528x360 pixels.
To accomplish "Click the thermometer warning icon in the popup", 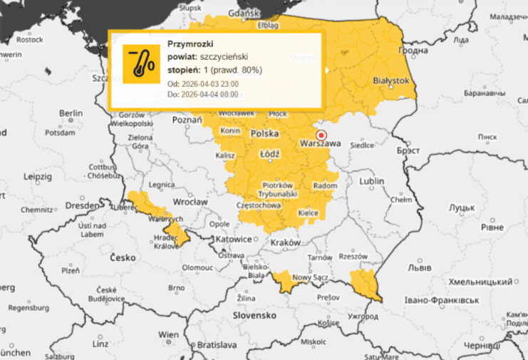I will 141,64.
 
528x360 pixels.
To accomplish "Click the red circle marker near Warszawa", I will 321,134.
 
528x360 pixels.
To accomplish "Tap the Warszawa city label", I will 321,144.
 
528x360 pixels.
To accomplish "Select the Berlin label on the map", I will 71,113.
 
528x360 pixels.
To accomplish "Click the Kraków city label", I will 286,242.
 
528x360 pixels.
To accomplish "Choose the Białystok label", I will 391,81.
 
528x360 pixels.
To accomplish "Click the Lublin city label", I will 371,182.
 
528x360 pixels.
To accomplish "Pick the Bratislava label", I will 217,344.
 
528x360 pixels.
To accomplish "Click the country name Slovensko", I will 254,314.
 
